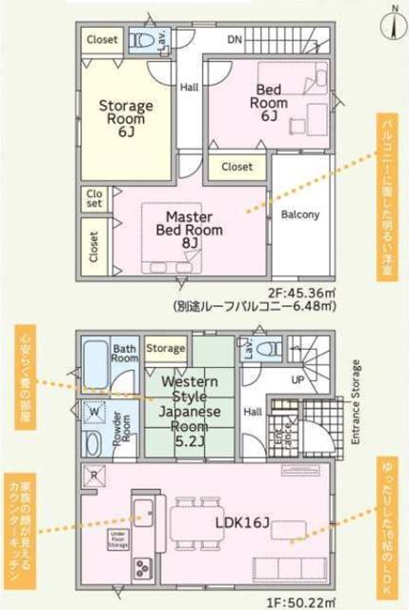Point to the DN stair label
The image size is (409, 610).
pyautogui.click(x=234, y=41)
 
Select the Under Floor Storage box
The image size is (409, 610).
pyautogui.click(x=117, y=540)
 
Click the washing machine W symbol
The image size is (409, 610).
pyautogui.click(x=95, y=412)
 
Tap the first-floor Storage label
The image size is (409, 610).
pyautogui.click(x=166, y=349)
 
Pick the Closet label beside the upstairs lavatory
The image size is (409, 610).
pyautogui.click(x=103, y=40)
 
